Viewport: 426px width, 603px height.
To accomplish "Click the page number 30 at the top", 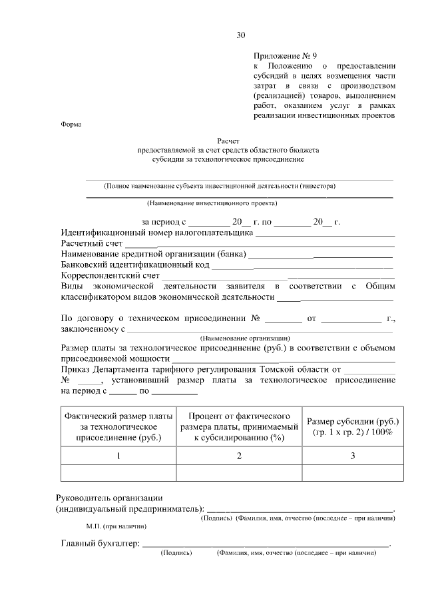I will click(240, 35).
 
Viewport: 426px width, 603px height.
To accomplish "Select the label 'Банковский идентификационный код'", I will click(136, 265).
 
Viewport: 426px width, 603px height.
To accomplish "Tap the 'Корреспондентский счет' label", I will click(110, 275).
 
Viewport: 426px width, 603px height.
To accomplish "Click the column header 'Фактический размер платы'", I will click(118, 416).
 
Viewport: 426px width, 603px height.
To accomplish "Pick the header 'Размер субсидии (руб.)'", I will click(352, 422).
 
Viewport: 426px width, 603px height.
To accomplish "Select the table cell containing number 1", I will click(118, 456).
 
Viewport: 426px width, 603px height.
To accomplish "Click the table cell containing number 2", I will click(239, 456).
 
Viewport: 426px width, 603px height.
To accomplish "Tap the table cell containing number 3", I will click(352, 456).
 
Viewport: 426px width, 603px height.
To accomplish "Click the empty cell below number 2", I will click(239, 472).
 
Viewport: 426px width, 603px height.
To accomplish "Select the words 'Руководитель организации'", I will click(111, 498).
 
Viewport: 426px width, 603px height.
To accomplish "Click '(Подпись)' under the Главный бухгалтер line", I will click(176, 553).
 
